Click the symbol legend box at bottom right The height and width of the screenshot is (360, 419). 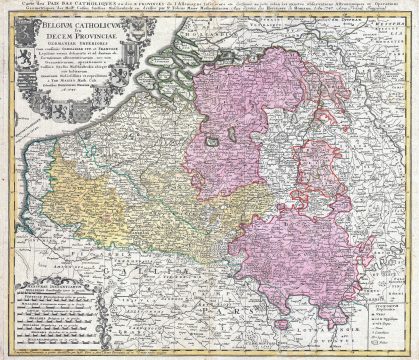[386, 325]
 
